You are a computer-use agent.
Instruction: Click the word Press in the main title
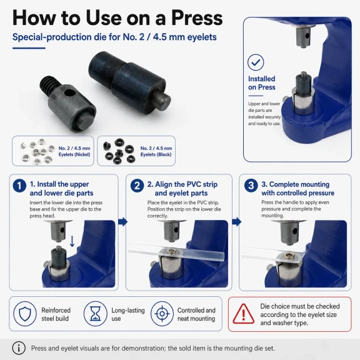coord(197,18)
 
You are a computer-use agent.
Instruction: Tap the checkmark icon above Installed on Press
coord(256,62)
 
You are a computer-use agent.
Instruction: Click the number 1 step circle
coord(19,185)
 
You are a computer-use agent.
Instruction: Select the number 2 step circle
coord(137,185)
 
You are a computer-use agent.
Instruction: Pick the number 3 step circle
coord(251,185)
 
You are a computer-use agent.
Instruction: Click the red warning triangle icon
coord(243,314)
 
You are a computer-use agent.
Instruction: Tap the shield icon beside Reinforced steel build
coord(25,314)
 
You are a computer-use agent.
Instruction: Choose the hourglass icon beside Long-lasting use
coord(95,314)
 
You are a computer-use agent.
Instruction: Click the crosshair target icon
coord(162,314)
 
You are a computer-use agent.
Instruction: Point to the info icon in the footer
coord(19,348)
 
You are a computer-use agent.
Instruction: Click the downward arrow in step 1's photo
coord(72,241)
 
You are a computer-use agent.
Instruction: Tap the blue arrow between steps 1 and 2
coord(123,222)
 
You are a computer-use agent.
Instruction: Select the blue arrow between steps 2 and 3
coord(237,222)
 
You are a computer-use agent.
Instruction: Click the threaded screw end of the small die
coord(49,84)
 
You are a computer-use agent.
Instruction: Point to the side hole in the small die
coord(69,93)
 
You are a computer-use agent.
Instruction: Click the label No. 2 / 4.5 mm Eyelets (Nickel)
coord(74,151)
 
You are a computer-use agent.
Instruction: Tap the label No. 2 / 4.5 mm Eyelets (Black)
coord(156,151)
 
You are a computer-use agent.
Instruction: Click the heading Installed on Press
coord(262,83)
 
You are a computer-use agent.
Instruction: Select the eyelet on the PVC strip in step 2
coord(171,251)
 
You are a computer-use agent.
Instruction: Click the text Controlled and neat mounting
coord(196,314)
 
